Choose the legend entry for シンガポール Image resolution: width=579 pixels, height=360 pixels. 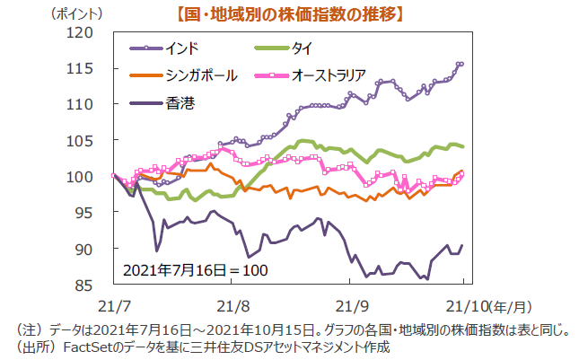(190, 75)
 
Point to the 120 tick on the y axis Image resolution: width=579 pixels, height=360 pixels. (81, 32)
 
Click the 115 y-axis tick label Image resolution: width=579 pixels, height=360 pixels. (81, 68)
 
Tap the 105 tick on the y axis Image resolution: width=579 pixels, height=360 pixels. (81, 140)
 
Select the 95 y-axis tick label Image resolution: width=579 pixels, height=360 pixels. (83, 213)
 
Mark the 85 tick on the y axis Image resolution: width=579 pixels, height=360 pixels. (83, 285)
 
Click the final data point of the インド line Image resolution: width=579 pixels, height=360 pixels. (461, 64)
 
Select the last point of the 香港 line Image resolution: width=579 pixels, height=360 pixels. (461, 246)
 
